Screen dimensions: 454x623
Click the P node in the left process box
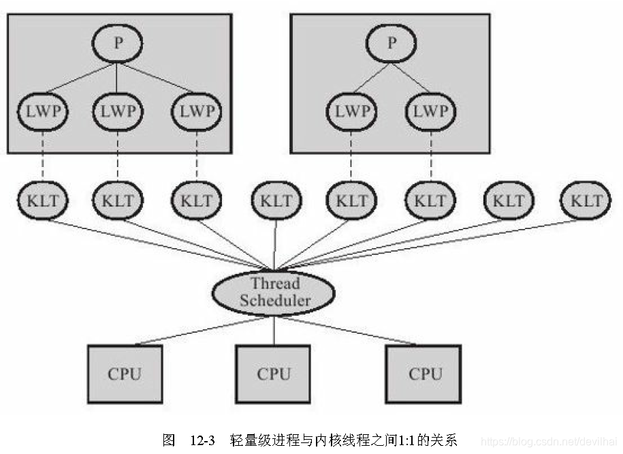[117, 44]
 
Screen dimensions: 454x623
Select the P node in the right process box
[391, 44]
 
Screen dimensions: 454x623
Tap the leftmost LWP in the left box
[42, 111]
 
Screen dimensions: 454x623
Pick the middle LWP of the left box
[117, 111]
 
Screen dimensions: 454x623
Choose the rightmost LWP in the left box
[196, 111]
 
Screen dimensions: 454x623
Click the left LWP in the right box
[351, 111]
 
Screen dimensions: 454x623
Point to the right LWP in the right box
[430, 111]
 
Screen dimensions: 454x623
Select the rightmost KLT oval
[586, 200]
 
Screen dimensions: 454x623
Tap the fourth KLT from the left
[276, 200]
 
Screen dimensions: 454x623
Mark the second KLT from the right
[509, 200]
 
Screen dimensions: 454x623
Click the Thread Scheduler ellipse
[274, 292]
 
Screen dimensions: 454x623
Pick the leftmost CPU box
[125, 374]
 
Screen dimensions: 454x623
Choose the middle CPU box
[274, 374]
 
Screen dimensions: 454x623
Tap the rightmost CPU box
[425, 374]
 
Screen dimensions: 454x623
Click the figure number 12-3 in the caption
[202, 440]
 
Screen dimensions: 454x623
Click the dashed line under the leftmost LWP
[42, 157]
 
